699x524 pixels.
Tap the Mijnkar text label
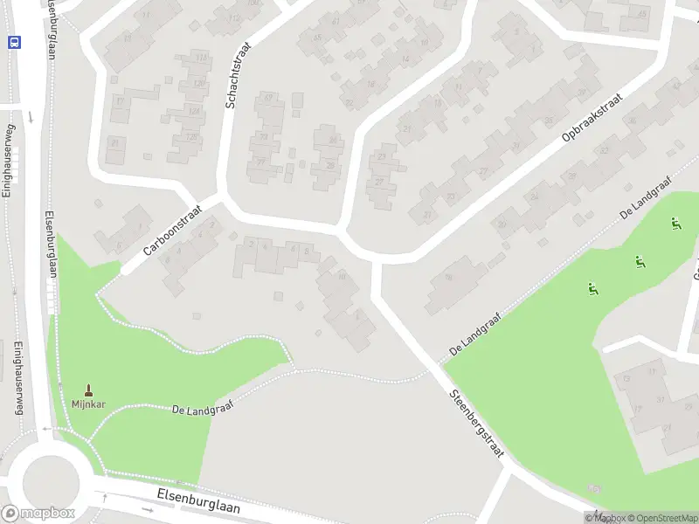coord(88,403)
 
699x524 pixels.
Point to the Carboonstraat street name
coord(173,236)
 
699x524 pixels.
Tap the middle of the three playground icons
coord(640,259)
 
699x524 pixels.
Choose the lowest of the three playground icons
coord(593,288)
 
